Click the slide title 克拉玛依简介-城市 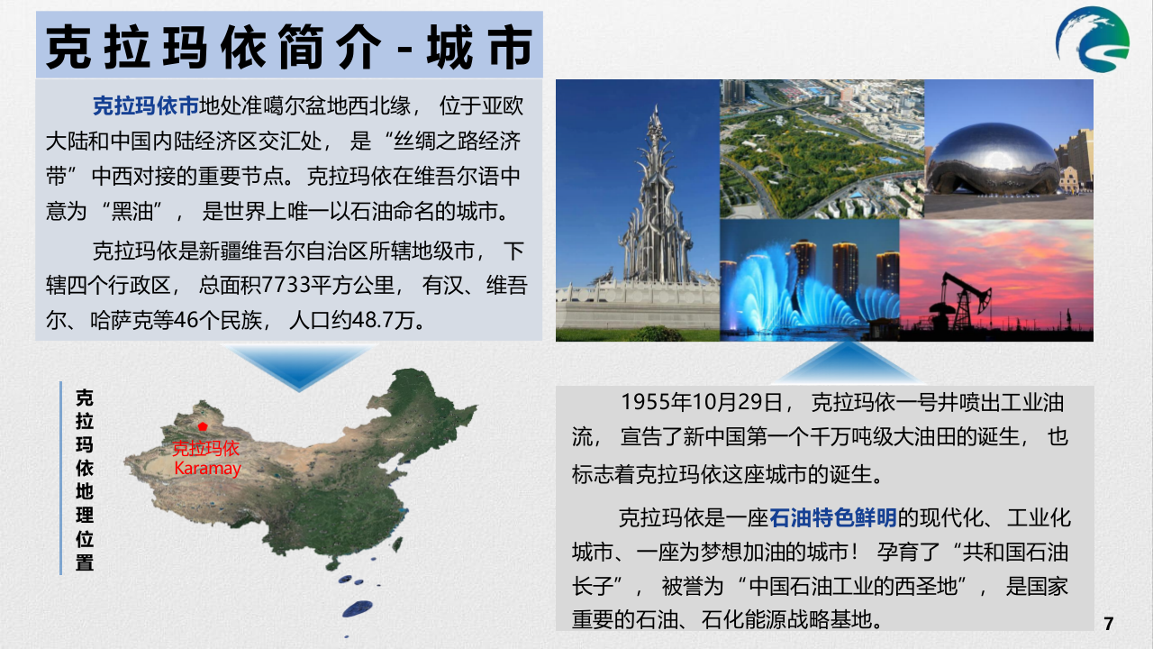(289, 46)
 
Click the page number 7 (1109, 623)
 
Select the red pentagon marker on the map (204, 425)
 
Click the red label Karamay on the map (207, 469)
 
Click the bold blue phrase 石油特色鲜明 (833, 517)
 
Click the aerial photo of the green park (822, 149)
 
